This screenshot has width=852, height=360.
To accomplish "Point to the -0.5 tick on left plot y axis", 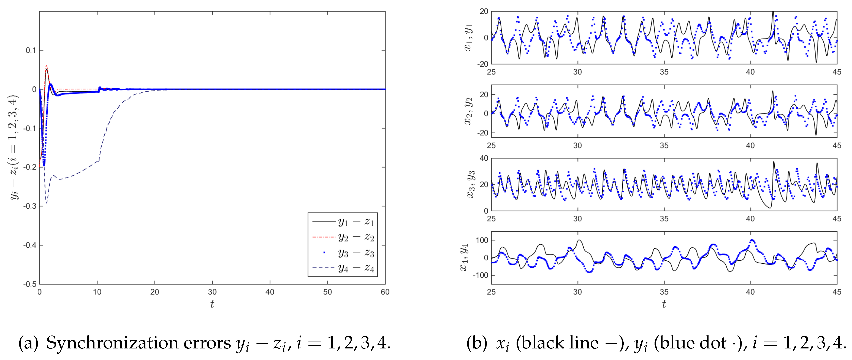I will point(30,284).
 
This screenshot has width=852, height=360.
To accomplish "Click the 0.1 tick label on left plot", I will point(31,50).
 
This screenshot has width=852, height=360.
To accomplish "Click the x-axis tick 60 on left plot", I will point(385,292).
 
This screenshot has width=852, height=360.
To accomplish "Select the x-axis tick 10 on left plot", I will point(97,292).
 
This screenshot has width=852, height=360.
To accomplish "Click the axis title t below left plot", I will point(212,304).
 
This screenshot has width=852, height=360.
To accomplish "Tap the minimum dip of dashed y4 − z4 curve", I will point(47,203).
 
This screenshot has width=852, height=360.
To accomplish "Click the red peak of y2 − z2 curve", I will point(47,66).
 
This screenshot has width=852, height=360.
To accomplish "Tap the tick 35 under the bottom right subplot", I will point(664,292).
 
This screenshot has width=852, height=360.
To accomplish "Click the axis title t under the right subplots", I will point(664,304).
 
